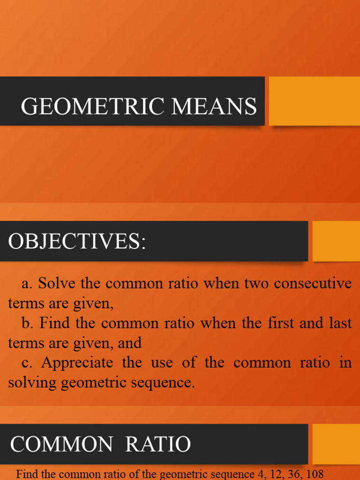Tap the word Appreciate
pos(77,362)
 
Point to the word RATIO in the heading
pos(158,444)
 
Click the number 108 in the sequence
pos(314,474)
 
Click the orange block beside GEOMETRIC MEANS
pos(314,101)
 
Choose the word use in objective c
pos(162,362)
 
